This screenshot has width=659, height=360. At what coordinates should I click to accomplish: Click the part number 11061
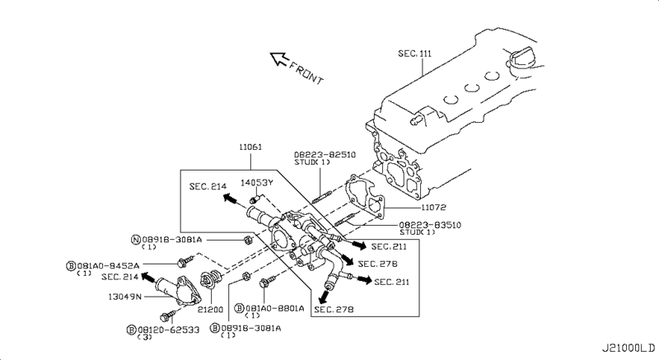[250, 147]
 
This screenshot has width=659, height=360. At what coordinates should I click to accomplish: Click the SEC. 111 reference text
[414, 54]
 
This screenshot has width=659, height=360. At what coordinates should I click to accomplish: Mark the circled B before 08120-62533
[131, 329]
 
